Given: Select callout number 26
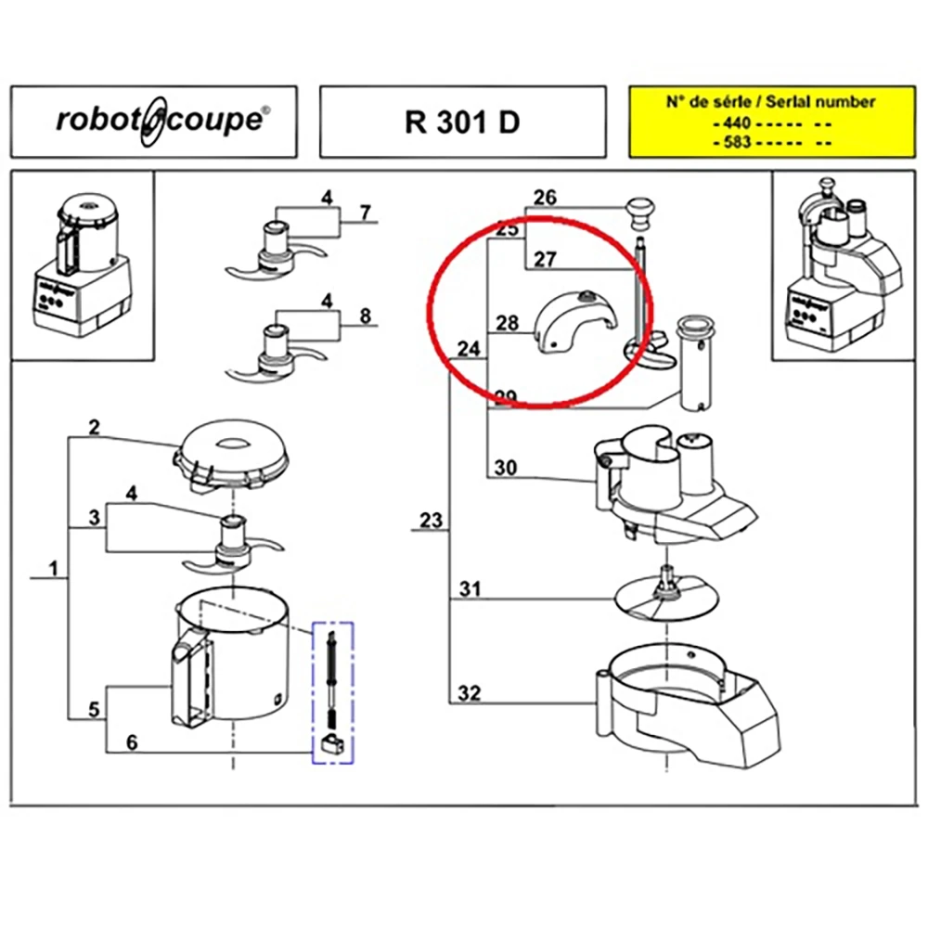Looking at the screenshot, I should [x=545, y=197].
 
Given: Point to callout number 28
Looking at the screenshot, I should [x=507, y=323].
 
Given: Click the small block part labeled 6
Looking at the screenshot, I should [x=331, y=743].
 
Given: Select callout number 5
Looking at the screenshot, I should [x=93, y=710].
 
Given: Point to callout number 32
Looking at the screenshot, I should [x=470, y=693].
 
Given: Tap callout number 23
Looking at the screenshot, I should [x=431, y=521].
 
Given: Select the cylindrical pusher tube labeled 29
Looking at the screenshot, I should [x=696, y=362].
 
